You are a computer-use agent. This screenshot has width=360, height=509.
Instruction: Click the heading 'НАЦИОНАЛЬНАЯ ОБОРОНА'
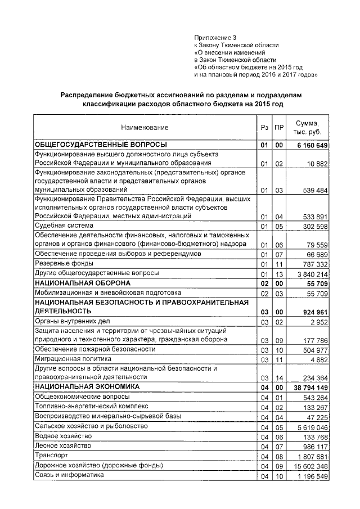coord(83,282)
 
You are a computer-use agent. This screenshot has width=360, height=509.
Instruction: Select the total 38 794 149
coord(307,388)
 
